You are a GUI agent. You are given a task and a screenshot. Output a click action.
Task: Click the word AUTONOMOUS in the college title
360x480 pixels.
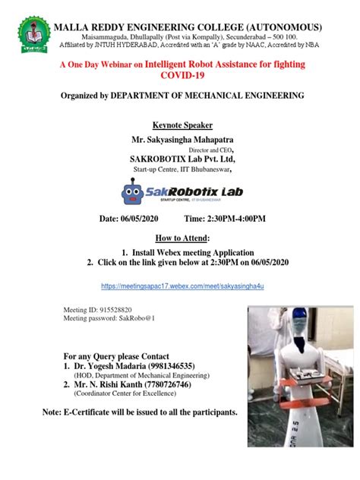(286, 27)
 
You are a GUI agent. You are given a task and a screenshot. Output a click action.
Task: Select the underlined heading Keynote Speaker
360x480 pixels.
(182, 125)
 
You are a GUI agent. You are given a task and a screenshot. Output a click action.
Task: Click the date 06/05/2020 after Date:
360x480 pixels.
(142, 219)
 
